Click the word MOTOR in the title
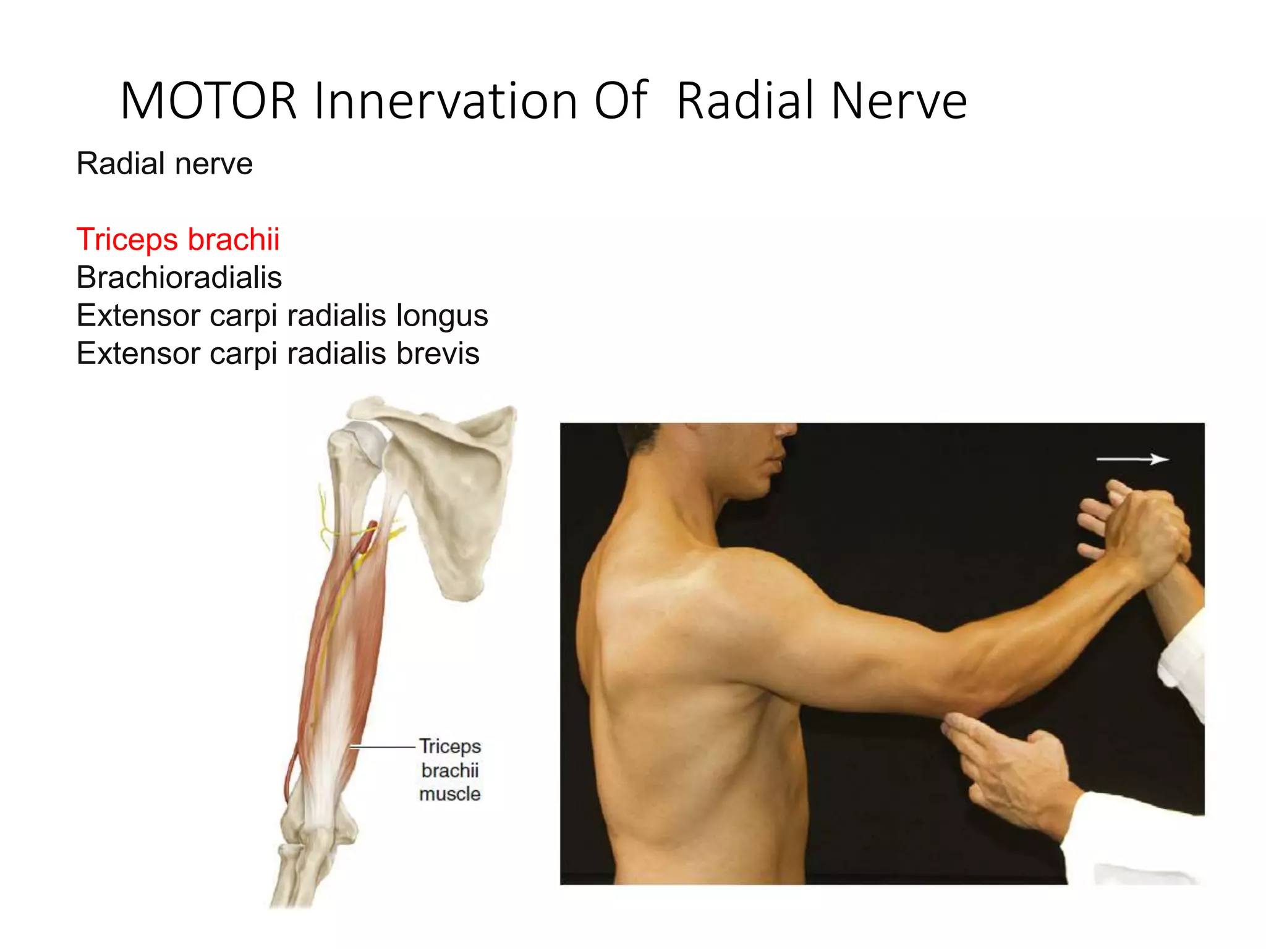pos(208,101)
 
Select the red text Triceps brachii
pos(178,239)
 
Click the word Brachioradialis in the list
pos(179,277)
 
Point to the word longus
pos(442,316)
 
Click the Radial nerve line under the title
pos(164,164)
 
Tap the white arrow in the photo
pos(1132,459)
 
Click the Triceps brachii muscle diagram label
pos(449,770)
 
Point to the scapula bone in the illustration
pos(454,494)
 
